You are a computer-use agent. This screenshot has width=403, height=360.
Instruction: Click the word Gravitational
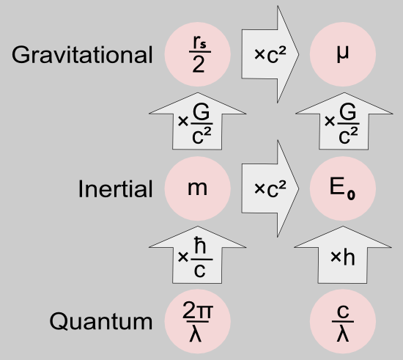[82, 55]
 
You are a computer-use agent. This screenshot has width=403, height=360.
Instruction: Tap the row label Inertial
[115, 189]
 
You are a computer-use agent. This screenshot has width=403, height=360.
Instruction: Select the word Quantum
[101, 321]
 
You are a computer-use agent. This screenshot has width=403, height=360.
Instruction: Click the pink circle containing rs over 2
[198, 54]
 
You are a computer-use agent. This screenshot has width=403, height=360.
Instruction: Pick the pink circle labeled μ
[343, 54]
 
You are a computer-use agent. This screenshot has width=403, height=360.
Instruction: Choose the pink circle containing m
[198, 188]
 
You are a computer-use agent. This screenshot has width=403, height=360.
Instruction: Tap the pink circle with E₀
[343, 188]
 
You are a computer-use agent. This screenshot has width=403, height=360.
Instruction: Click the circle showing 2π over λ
[198, 321]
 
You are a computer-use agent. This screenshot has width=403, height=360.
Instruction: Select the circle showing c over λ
[343, 321]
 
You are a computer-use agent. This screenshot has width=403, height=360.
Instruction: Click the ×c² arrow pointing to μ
[270, 54]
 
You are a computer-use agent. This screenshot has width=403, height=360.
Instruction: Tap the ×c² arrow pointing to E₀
[270, 188]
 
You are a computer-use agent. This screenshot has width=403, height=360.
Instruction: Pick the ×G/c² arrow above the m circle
[197, 121]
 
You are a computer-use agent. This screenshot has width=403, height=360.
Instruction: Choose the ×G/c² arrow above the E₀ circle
[344, 121]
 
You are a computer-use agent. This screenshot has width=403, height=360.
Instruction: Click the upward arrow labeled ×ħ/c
[197, 255]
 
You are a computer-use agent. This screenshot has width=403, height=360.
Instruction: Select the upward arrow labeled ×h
[343, 255]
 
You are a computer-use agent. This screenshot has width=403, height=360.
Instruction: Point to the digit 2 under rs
[199, 65]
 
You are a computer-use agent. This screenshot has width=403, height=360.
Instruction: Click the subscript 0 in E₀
[351, 195]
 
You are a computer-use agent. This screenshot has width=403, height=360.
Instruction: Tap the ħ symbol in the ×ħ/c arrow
[200, 245]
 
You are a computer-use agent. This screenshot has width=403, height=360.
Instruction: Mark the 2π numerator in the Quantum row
[198, 310]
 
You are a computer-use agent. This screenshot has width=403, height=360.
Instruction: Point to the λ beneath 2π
[196, 334]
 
